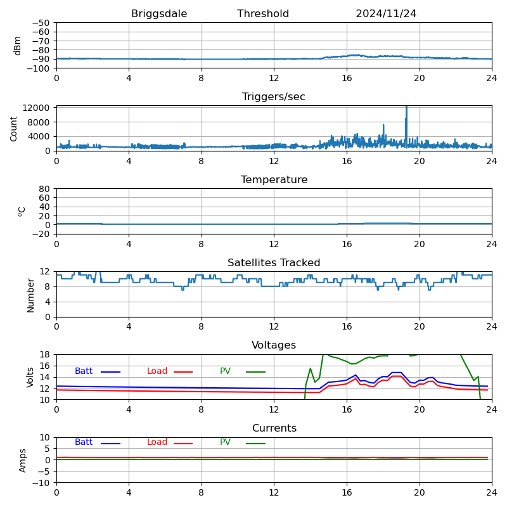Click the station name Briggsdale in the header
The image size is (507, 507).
click(159, 14)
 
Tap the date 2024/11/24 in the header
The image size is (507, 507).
click(386, 14)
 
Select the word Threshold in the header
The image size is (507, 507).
click(263, 14)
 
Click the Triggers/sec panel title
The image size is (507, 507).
click(274, 97)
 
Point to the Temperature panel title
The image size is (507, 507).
click(274, 180)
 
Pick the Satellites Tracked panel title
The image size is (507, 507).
click(274, 263)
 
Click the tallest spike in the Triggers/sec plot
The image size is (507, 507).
click(406, 108)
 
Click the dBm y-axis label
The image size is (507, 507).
click(18, 45)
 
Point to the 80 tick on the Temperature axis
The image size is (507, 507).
click(45, 189)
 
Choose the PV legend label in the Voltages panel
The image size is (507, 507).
click(226, 371)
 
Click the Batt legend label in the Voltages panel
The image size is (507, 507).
click(84, 371)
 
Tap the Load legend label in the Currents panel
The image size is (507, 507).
click(157, 442)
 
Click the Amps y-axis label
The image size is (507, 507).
click(23, 460)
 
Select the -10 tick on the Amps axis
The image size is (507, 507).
click(41, 483)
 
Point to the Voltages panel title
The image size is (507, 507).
click(274, 345)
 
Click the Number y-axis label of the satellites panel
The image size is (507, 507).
click(31, 295)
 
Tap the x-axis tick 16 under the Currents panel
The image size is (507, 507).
click(347, 492)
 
